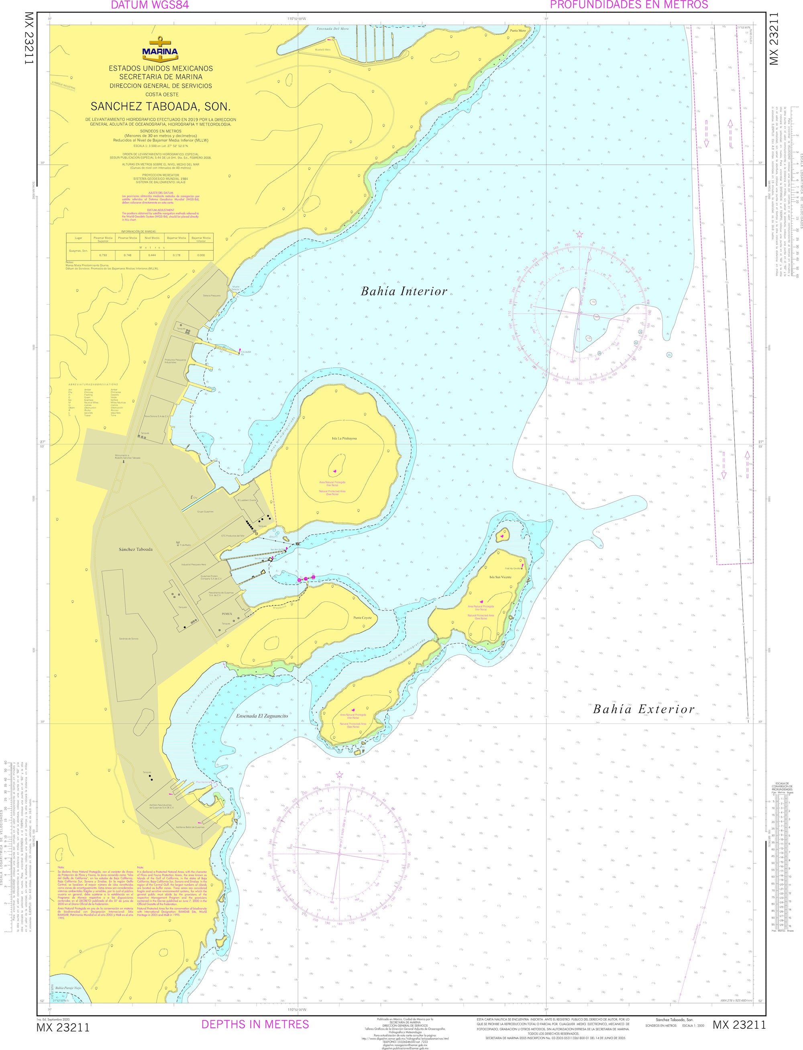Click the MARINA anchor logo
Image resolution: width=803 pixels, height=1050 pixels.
click(x=160, y=50)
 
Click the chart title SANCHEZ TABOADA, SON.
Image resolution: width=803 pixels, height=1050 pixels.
click(x=161, y=106)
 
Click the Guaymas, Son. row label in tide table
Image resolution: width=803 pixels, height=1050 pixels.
click(x=78, y=251)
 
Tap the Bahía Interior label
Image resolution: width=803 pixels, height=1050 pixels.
click(x=404, y=291)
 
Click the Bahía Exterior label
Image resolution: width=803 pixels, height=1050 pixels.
click(x=643, y=709)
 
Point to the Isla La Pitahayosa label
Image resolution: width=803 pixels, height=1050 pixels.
click(x=344, y=438)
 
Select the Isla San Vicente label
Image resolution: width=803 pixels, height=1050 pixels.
click(x=500, y=577)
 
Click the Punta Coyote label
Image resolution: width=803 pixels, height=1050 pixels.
click(x=362, y=618)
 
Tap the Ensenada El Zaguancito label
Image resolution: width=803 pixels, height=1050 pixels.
click(x=262, y=716)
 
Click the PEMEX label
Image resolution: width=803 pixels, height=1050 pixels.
click(x=226, y=614)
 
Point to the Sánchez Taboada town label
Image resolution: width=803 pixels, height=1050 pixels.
click(x=136, y=549)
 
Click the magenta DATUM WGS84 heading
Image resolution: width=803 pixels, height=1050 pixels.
click(x=150, y=5)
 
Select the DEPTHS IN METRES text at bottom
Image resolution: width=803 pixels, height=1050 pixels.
click(x=255, y=1024)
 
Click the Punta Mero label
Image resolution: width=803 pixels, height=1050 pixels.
click(x=518, y=30)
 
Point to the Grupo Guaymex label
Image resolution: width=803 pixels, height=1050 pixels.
click(x=205, y=512)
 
